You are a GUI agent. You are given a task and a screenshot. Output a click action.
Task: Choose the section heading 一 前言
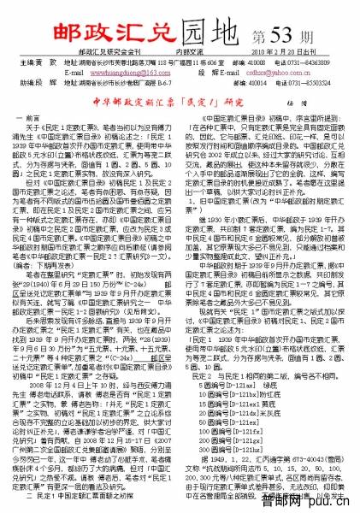tap(38, 139)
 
